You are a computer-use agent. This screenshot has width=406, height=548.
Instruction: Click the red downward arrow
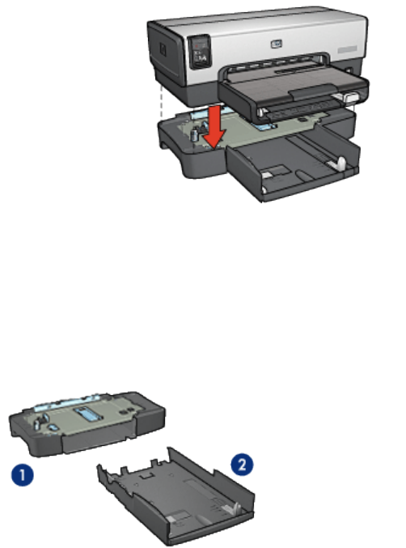coord(215,126)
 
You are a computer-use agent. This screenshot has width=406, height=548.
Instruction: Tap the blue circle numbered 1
coord(23,475)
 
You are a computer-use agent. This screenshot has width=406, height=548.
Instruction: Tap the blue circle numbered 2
coord(243,465)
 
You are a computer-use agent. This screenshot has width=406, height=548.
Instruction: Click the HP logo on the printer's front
coord(276,44)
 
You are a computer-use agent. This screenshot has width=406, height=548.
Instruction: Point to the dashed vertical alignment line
coord(161,101)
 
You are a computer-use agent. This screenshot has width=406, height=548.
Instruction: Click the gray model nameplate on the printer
coord(347,50)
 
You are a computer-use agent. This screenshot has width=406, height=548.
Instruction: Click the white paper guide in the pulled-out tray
coord(340,163)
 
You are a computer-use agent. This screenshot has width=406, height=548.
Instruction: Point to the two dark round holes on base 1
coord(126,411)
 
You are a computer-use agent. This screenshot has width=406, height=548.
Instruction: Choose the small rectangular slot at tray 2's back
coord(146,475)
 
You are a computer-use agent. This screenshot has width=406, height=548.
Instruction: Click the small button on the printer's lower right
coord(349,71)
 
